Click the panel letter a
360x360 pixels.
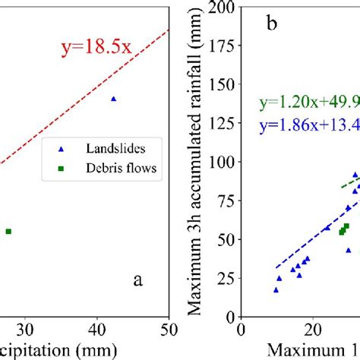pyautogui.click(x=137, y=279)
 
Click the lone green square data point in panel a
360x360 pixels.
pyautogui.click(x=8, y=231)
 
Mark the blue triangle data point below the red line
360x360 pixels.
pyautogui.click(x=114, y=99)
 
